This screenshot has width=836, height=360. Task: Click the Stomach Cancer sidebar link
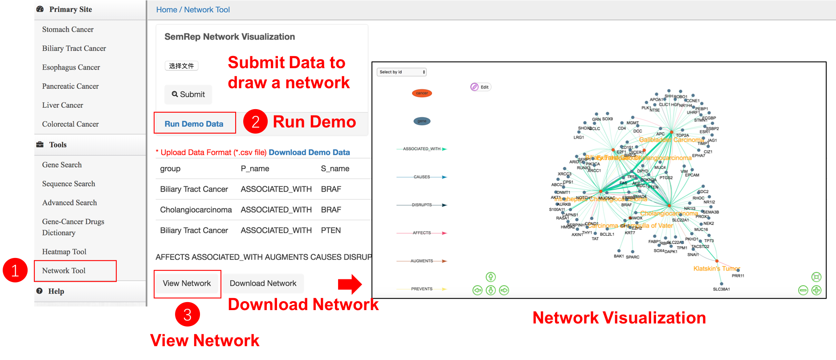tap(68, 29)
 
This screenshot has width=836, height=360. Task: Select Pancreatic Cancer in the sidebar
tap(70, 86)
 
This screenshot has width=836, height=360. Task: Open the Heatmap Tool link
tap(64, 252)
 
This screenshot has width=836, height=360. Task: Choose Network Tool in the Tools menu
tap(64, 271)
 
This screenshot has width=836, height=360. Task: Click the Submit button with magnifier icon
tap(188, 94)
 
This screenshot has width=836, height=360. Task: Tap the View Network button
tap(187, 283)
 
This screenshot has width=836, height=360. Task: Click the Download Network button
tap(263, 283)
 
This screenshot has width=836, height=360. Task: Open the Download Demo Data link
tap(309, 152)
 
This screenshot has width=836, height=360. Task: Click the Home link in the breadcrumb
tap(167, 10)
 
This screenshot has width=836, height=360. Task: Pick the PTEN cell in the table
tap(331, 230)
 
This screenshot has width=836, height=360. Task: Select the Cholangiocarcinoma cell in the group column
tap(196, 210)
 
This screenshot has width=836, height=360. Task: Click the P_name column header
tap(255, 169)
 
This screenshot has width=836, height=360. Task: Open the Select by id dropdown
tap(402, 72)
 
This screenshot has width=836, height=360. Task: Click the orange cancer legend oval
tap(422, 93)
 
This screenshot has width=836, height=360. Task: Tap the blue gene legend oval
tap(422, 121)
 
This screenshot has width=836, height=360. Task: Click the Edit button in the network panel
tap(481, 87)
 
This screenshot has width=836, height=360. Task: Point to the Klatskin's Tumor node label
tap(717, 269)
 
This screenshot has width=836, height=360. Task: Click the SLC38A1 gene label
tap(721, 289)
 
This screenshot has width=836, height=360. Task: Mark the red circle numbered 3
tap(188, 315)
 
